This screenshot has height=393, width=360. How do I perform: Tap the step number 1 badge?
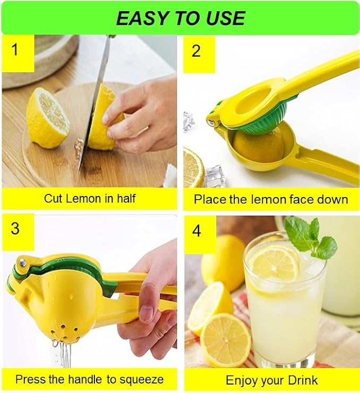coord(18,53)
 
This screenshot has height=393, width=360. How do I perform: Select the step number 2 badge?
coord(199,54)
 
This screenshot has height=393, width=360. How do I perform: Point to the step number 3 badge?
coord(18,232)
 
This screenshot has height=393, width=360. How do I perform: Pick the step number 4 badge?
coord(200,234)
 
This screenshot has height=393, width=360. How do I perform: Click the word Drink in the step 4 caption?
coord(303,380)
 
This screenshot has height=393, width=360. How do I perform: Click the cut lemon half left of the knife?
coord(47,118)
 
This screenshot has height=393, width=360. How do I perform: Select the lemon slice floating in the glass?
coord(275,267)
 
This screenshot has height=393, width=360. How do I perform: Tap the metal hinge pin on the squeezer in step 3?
coord(22,262)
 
